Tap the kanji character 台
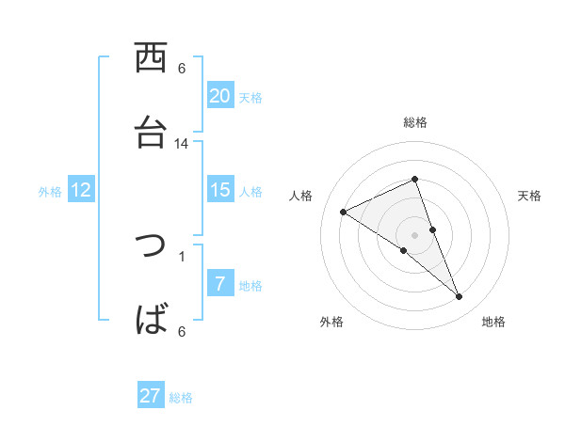[x=151, y=134]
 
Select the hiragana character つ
[x=151, y=246]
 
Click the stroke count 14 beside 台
[x=182, y=144]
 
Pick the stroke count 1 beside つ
[x=182, y=257]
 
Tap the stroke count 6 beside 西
[x=182, y=69]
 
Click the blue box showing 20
[x=220, y=96]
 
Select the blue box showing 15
[x=220, y=190]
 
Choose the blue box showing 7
[x=220, y=284]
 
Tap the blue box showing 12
[x=81, y=190]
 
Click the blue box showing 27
[x=151, y=396]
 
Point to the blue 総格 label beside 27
[x=181, y=398]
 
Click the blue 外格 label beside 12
[x=50, y=192]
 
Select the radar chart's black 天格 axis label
[x=529, y=196]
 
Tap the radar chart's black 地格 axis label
[x=493, y=322]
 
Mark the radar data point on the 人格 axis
[x=343, y=212]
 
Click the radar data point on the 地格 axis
[x=460, y=297]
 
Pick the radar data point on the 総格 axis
[x=414, y=180]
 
